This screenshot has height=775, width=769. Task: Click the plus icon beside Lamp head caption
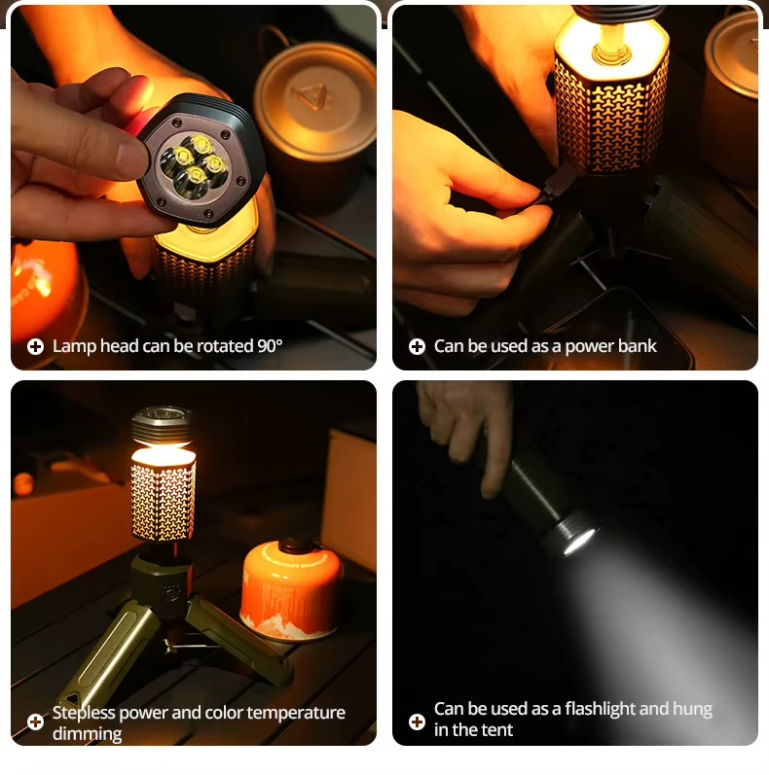(35, 347)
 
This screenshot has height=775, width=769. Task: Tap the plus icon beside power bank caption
(417, 347)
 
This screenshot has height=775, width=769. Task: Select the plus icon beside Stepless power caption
(35, 722)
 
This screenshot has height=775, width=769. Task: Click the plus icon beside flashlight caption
(417, 721)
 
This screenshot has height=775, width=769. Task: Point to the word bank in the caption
(637, 346)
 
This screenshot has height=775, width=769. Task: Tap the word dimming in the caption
(87, 733)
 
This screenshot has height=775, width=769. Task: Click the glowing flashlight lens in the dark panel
(578, 539)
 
